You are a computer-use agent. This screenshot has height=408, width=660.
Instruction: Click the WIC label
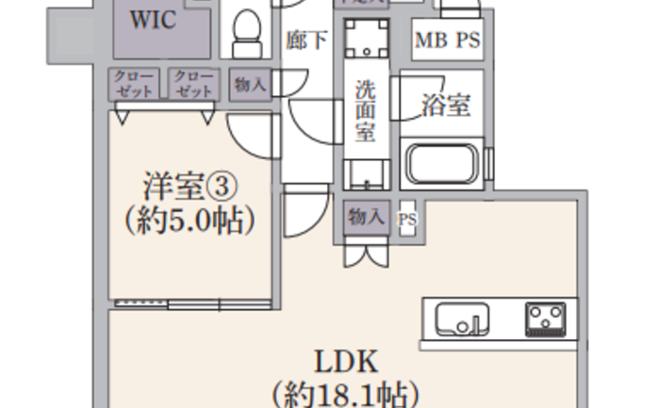click(x=153, y=21)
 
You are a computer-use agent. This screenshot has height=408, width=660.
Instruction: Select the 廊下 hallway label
click(x=306, y=41)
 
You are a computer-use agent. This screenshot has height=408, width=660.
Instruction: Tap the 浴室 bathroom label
click(x=445, y=105)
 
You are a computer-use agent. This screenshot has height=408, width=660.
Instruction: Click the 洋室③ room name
click(x=189, y=185)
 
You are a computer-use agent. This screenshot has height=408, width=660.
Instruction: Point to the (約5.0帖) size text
click(x=190, y=222)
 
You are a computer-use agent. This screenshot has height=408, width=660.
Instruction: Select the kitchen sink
click(x=462, y=319)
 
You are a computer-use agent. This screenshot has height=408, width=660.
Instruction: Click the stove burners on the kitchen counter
click(x=545, y=318)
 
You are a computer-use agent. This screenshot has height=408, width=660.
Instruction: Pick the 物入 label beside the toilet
click(x=250, y=85)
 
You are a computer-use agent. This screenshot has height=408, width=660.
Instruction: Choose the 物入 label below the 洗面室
click(x=366, y=217)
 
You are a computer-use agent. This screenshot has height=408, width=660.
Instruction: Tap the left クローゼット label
click(x=136, y=84)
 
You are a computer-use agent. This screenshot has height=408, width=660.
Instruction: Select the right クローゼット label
click(x=194, y=84)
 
